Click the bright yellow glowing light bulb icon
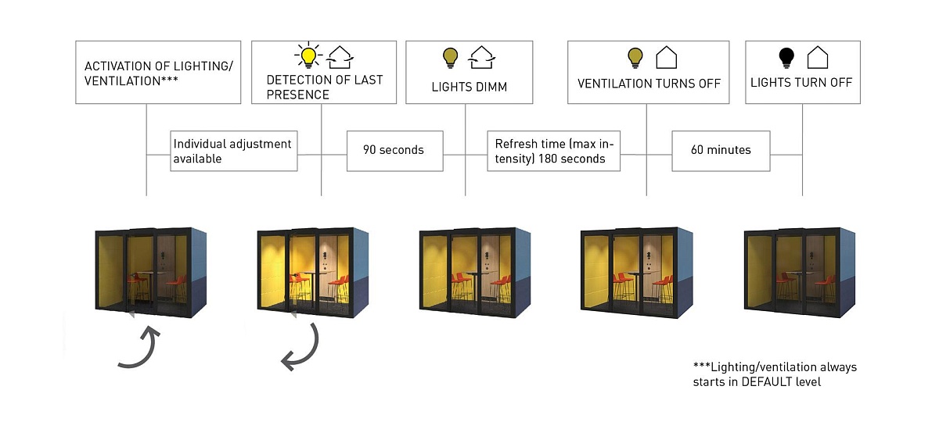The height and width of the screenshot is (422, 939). coord(308,56)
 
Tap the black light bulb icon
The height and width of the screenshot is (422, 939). coord(786,57)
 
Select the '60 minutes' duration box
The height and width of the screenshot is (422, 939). coord(721,150)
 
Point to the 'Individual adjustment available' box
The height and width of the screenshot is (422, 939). coord(234,151)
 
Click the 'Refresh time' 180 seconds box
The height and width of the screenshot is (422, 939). coord(553,151)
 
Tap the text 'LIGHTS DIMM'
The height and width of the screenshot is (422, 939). coord(469,87)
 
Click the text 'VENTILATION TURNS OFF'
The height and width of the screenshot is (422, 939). coord(649,84)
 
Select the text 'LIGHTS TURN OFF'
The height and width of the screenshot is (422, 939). coord(801,82)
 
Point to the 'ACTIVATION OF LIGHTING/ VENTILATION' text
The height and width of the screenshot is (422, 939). coord(158,73)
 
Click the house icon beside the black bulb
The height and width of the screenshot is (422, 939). coord(817,57)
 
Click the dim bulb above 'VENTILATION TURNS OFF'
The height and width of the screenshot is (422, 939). coord(635,57)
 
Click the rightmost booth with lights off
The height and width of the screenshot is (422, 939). coord(799,273)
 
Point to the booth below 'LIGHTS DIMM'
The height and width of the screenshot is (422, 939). coord(475,273)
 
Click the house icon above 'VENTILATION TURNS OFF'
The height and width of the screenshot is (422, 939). coord(666,57)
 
